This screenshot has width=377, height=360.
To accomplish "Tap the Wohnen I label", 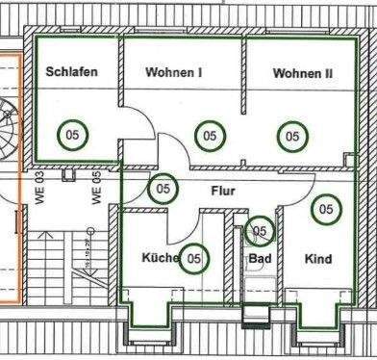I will (x=174, y=72).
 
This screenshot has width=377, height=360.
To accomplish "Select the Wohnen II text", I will (x=302, y=72).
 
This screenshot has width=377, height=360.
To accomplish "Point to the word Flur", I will (x=223, y=191).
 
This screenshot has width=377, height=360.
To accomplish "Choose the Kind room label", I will (x=318, y=259).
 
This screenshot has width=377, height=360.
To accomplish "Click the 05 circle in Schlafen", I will (x=73, y=136).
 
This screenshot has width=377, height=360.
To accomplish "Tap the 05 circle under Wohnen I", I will (x=209, y=136).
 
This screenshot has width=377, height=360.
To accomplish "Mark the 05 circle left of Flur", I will (x=163, y=189).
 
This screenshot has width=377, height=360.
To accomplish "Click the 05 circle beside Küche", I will (x=194, y=257).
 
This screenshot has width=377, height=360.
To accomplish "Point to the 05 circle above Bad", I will (x=259, y=231).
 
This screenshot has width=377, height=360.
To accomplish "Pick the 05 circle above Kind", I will (x=326, y=208).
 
